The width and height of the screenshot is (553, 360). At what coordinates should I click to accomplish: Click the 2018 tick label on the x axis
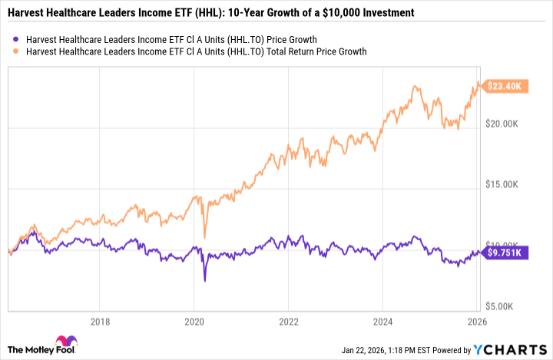pos(98,321)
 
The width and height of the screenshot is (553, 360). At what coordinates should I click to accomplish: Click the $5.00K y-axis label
pos(508,306)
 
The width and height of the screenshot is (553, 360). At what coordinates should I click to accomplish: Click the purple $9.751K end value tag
pos(505,252)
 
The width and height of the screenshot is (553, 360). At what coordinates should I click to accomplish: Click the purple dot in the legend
pos(18,38)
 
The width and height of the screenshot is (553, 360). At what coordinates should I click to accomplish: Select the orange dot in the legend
pos(18,51)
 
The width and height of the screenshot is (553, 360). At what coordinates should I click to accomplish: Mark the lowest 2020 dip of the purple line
pos(204,281)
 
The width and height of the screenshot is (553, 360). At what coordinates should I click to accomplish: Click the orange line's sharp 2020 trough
pos(204,237)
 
